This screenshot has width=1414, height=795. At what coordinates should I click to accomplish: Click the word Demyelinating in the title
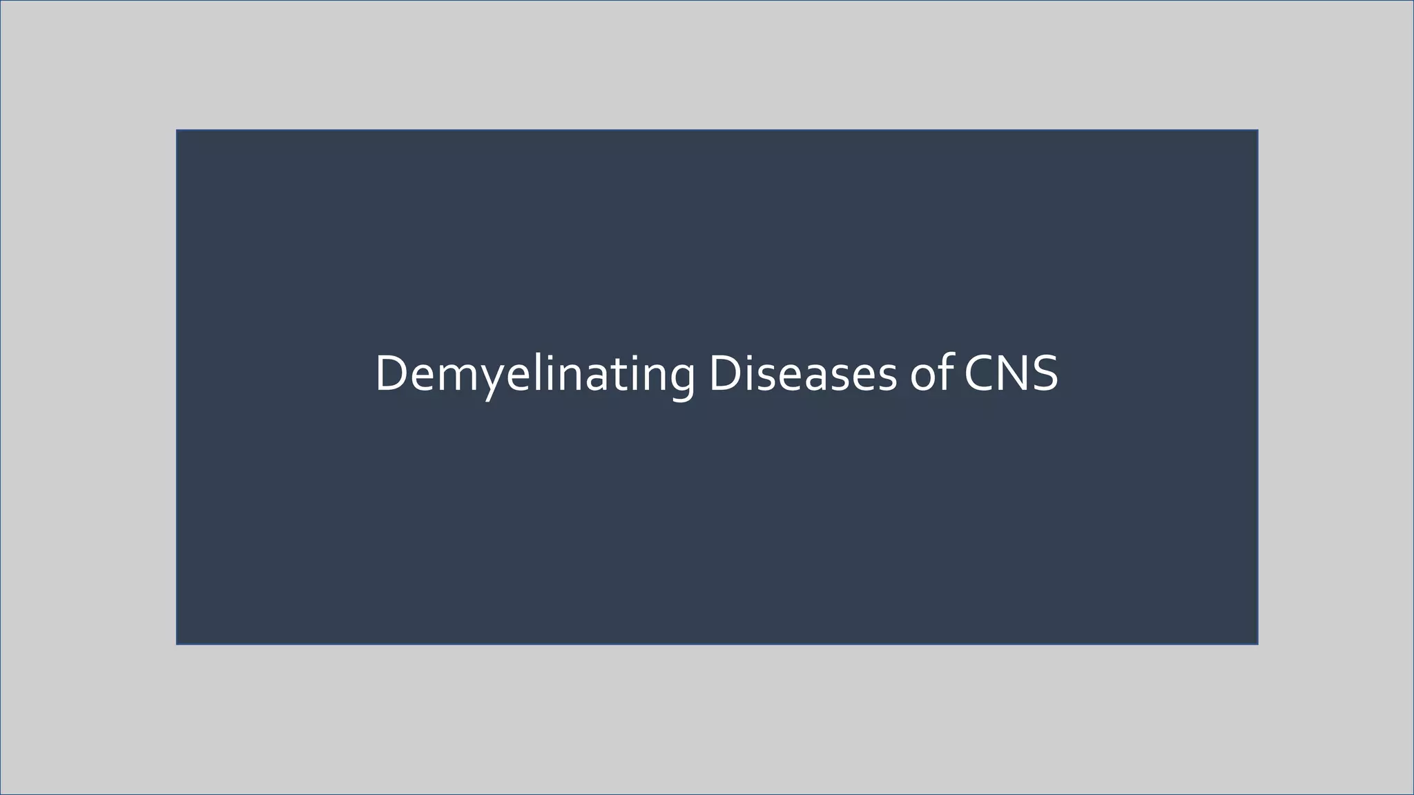(x=535, y=374)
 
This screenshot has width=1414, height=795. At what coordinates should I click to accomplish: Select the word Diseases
(x=803, y=374)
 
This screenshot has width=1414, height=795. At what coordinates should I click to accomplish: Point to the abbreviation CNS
(x=1010, y=374)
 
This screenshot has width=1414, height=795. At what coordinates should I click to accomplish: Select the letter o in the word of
(x=924, y=378)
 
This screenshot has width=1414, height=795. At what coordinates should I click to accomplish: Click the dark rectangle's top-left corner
(x=177, y=130)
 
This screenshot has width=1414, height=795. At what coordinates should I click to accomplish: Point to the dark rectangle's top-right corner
(x=1257, y=130)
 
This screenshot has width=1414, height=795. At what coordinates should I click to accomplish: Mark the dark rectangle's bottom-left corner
(x=177, y=644)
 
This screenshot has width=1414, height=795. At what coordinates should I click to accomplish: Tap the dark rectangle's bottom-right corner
(x=1257, y=644)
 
